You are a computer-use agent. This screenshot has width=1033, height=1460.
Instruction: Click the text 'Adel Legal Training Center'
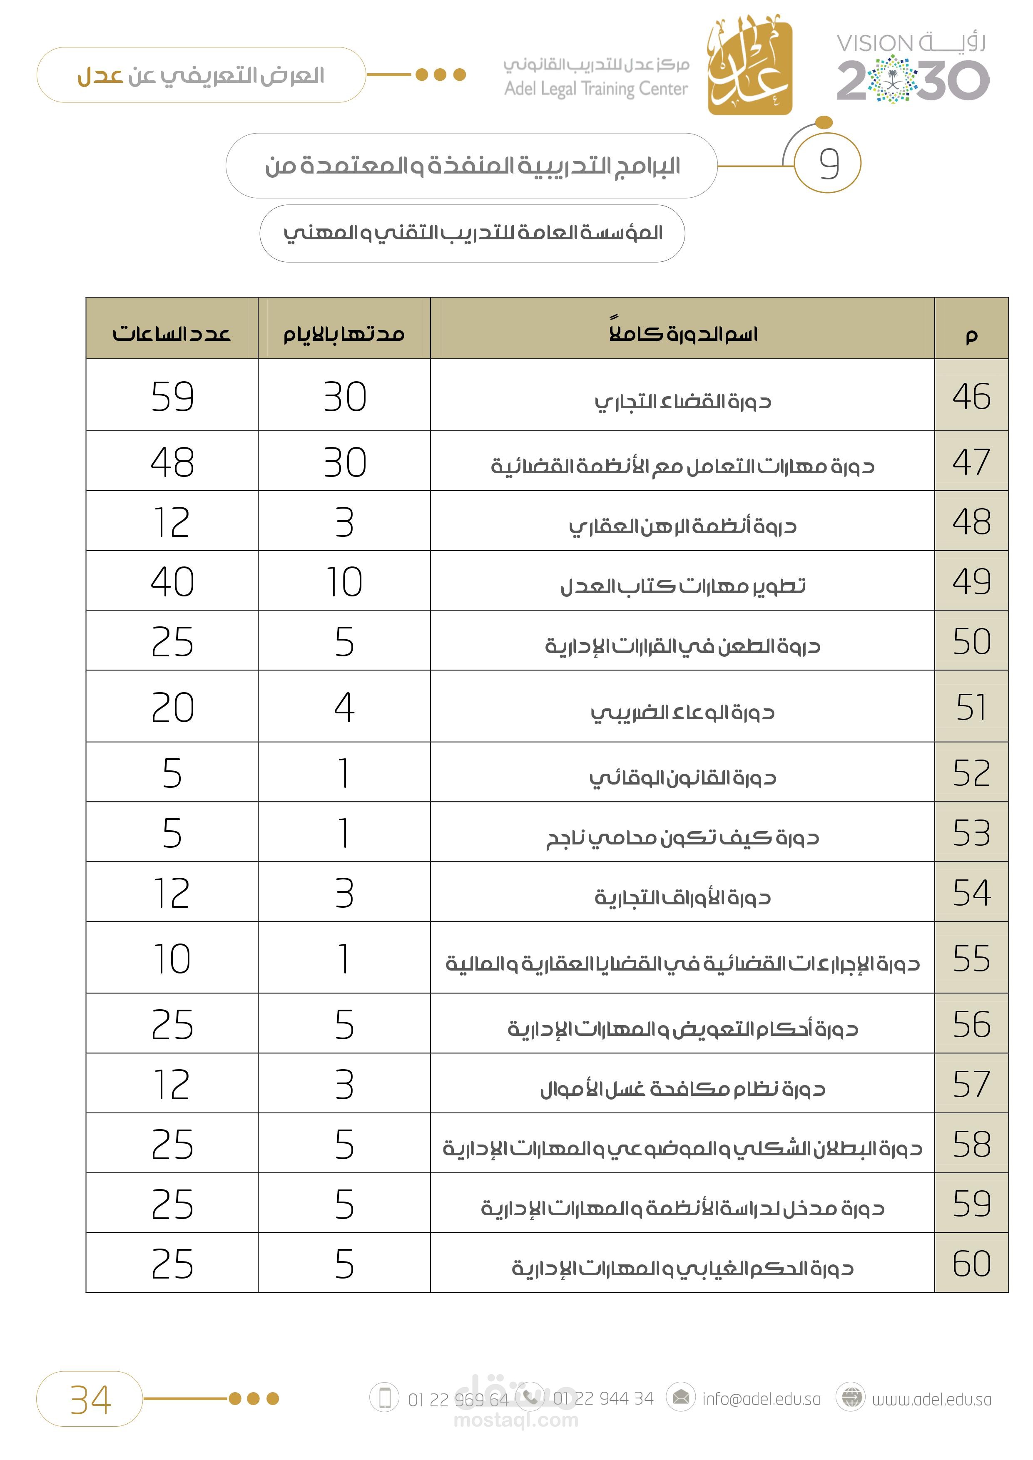tap(596, 89)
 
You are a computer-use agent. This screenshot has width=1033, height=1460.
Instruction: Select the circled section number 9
tap(828, 164)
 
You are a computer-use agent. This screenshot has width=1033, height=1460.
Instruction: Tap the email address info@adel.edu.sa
tap(761, 1399)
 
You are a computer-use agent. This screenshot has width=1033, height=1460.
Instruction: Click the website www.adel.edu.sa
tap(931, 1399)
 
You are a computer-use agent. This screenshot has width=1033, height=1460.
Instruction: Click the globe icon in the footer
tap(851, 1397)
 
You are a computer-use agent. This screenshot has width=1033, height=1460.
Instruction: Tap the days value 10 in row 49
tap(344, 581)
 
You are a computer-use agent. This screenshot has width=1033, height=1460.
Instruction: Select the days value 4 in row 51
tap(344, 706)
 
